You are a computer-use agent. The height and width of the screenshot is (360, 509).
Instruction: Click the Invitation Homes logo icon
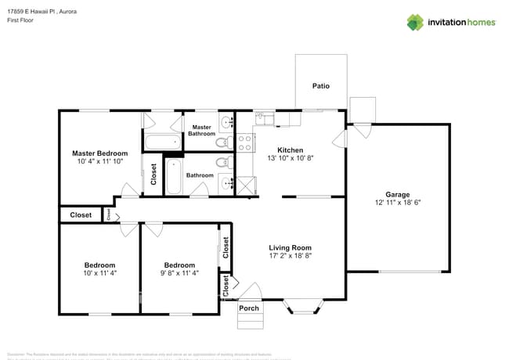click(415, 22)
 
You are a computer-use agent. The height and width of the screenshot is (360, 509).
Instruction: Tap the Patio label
click(321, 86)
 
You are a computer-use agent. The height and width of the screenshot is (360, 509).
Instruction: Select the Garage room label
click(397, 195)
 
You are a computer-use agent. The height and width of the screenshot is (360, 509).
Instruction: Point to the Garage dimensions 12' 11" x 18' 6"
click(397, 203)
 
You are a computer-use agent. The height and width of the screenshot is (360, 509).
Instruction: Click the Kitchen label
click(291, 150)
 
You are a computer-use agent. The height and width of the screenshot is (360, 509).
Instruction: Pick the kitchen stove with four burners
click(245, 142)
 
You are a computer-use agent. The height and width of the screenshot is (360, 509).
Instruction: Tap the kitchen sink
click(264, 119)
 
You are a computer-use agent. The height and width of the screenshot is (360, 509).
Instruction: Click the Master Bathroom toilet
click(222, 142)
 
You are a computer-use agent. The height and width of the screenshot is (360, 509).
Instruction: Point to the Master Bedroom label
click(100, 153)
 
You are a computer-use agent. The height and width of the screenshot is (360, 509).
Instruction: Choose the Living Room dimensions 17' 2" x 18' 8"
click(291, 256)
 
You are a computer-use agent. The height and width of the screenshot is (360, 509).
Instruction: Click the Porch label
click(249, 308)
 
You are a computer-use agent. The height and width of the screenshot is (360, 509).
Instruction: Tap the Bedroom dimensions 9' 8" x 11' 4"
click(179, 273)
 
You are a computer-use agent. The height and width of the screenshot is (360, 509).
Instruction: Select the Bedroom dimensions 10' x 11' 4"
click(99, 273)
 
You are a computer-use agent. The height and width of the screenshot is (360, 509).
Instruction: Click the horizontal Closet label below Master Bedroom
click(81, 214)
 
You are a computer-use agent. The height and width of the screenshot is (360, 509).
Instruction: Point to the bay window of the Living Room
click(301, 306)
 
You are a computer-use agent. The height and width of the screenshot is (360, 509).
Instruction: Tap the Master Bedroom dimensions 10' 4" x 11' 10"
click(100, 162)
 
